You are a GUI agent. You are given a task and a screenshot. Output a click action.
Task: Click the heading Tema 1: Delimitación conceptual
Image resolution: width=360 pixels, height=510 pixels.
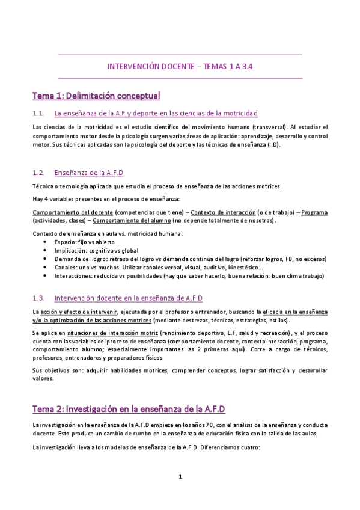96,96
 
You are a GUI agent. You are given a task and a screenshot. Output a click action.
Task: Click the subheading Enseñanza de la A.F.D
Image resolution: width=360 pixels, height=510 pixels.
88,173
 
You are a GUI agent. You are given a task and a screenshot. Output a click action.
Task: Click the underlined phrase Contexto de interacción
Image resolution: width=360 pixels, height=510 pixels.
222,212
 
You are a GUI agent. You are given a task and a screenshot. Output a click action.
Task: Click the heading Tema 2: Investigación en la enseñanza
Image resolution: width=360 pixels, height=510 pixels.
129,409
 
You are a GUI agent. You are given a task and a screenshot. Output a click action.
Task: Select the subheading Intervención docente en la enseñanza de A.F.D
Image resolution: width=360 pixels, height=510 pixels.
128,298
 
